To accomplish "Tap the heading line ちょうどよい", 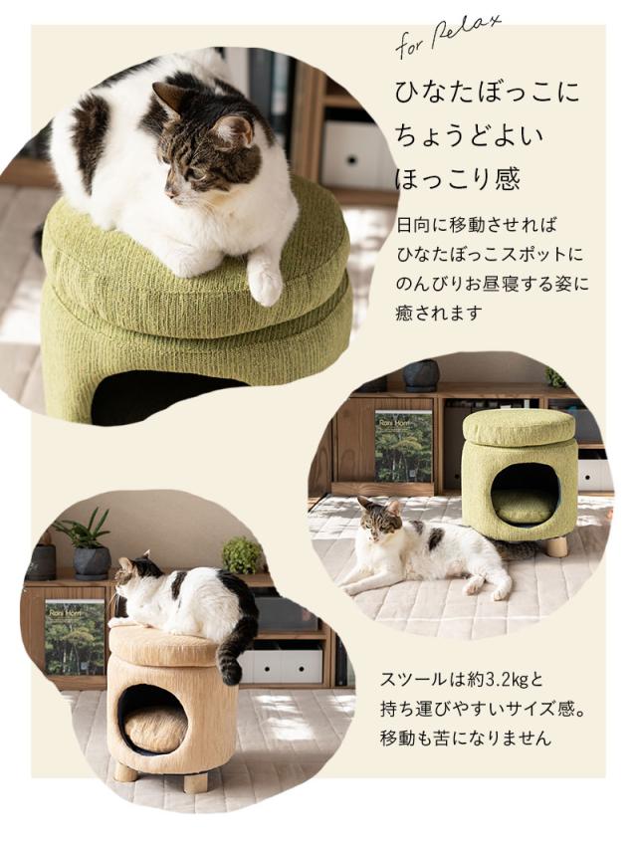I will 459,137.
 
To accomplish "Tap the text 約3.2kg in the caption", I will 496,682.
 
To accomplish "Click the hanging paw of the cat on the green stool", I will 266,280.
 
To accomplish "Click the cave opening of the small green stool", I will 524,493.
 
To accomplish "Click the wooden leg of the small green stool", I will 556,546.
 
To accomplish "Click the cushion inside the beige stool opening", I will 155,728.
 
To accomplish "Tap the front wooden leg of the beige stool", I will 196,780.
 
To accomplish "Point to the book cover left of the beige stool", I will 74,636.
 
